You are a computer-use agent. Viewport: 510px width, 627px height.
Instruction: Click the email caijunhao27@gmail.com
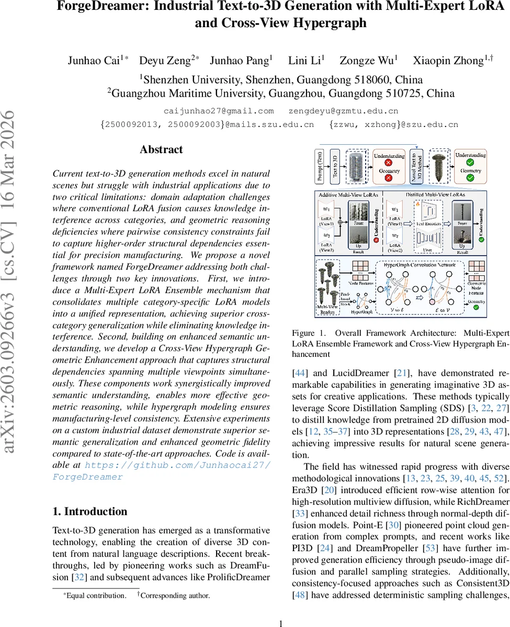point(219,111)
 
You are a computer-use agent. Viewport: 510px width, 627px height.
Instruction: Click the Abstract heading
point(161,150)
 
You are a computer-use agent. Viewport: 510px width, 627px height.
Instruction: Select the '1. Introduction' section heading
point(90,512)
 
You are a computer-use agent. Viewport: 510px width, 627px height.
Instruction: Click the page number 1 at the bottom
point(281,609)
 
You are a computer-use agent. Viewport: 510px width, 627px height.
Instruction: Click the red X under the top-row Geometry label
point(389,179)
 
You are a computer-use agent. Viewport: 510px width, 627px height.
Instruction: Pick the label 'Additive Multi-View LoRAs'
point(349,194)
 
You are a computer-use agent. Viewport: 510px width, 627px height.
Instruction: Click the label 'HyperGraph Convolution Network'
point(420,265)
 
